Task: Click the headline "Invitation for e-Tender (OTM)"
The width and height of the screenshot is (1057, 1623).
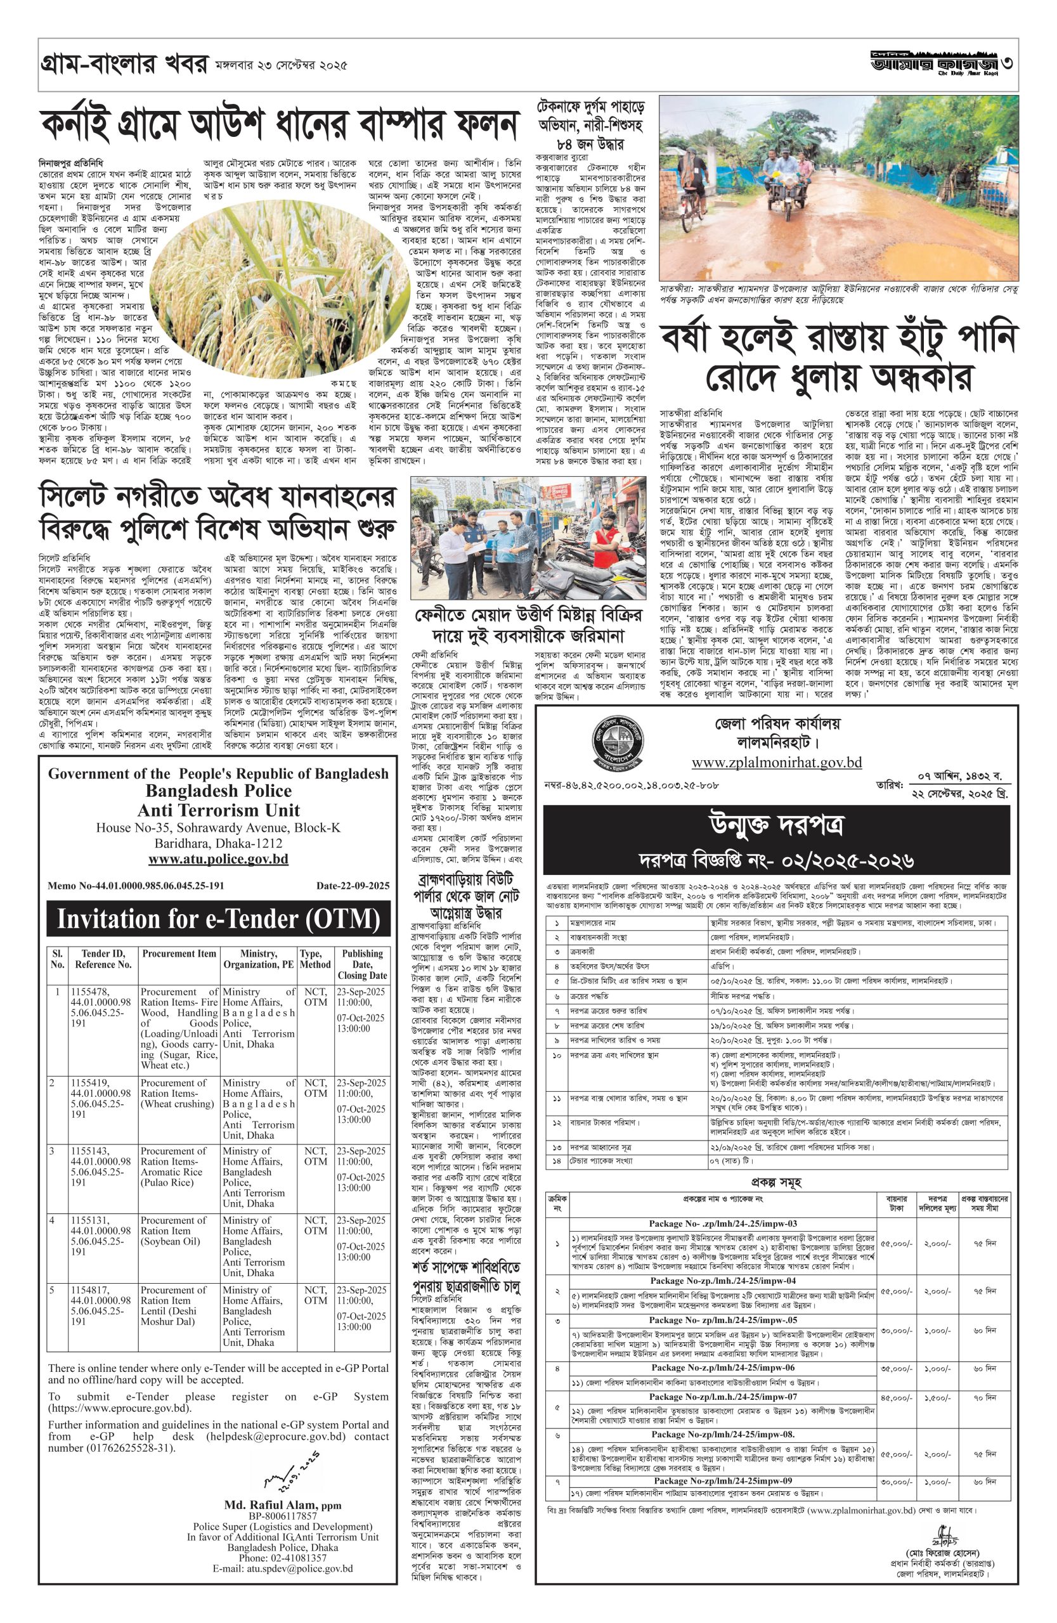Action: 218,919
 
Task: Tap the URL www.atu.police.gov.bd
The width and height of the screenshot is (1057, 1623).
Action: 218,859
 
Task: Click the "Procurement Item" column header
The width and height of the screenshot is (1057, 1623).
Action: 179,954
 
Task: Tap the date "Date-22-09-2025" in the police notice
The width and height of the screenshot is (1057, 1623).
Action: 353,886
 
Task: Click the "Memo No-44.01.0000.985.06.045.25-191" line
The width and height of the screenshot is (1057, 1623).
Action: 136,886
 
